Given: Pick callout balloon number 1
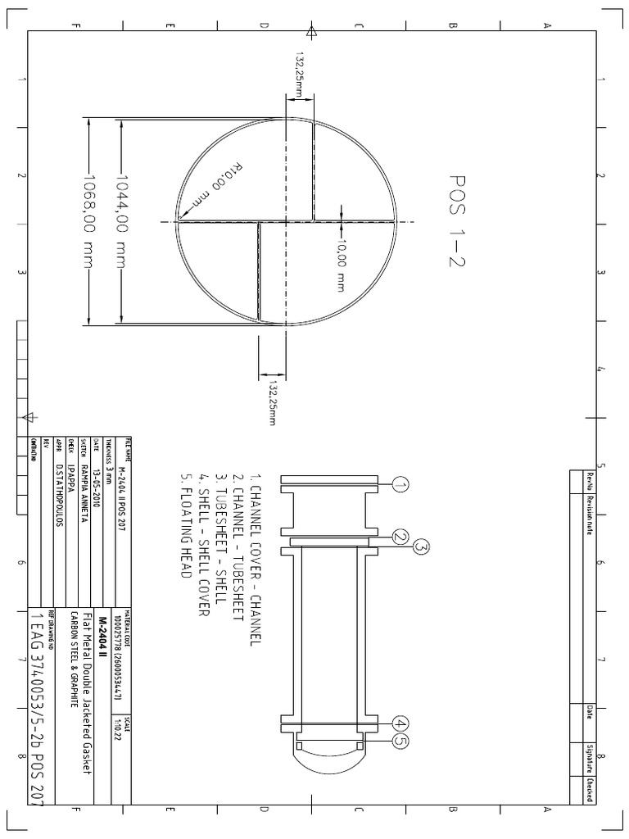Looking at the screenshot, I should click(x=400, y=485).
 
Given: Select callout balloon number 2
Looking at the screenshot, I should click(x=400, y=537).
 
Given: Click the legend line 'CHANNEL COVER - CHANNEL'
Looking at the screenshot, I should click(x=255, y=557).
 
